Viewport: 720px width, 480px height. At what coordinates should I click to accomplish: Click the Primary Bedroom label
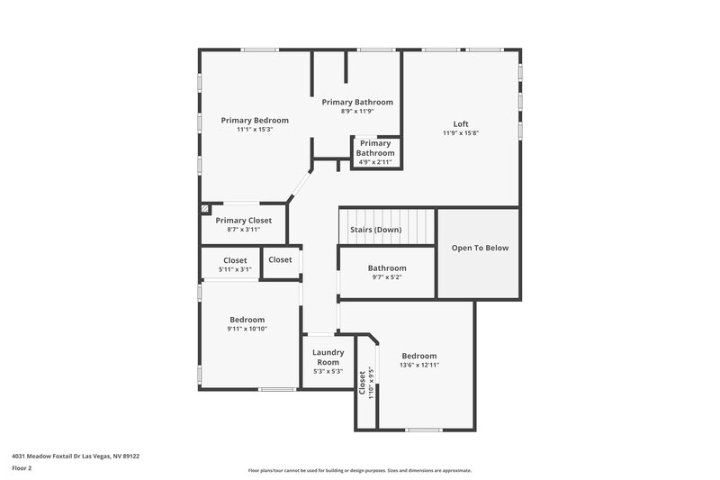[x=255, y=120]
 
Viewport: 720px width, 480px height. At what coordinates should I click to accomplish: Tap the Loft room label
[x=461, y=124]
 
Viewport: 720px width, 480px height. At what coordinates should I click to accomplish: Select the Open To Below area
[x=479, y=248]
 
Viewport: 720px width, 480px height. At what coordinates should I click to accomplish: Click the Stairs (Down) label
[x=375, y=230]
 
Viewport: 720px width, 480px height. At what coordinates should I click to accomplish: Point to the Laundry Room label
[x=328, y=357]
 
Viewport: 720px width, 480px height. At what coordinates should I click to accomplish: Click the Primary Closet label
[x=243, y=220]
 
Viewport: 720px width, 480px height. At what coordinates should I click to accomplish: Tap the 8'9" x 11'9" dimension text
[x=356, y=112]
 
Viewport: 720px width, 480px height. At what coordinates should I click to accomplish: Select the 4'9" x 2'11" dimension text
[x=375, y=162]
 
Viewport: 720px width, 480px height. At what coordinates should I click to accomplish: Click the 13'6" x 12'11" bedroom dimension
[x=419, y=365]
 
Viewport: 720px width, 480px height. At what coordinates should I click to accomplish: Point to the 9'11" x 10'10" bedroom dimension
[x=247, y=329]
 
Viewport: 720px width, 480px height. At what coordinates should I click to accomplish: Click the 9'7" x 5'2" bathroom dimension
[x=387, y=277]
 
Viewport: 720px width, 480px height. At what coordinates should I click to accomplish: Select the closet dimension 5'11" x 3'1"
[x=235, y=269]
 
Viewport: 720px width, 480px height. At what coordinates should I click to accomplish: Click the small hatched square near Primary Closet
[x=206, y=208]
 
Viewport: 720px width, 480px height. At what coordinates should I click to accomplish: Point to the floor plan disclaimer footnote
[x=359, y=470]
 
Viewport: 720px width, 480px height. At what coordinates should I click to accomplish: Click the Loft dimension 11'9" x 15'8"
[x=461, y=133]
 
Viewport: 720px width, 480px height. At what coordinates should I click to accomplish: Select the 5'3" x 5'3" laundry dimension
[x=328, y=371]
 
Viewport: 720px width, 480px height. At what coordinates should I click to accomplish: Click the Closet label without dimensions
[x=280, y=259]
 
